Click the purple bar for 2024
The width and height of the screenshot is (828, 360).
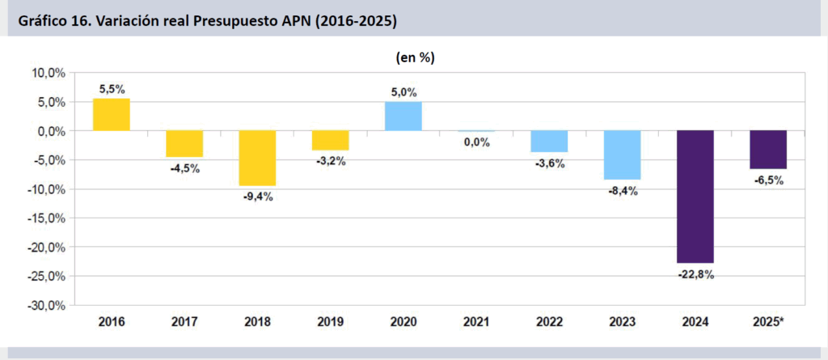[x=695, y=197]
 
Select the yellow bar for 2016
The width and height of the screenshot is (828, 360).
[x=112, y=115]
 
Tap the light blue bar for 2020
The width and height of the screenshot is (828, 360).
[x=403, y=116]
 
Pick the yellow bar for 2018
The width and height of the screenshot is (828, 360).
[x=257, y=158]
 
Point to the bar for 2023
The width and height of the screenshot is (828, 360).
[x=622, y=155]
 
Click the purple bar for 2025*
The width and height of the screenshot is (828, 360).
[x=767, y=150]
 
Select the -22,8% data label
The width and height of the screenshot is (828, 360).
[x=695, y=274]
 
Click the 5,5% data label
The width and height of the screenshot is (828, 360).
[x=112, y=89]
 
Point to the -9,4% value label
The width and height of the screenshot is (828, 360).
[x=258, y=197]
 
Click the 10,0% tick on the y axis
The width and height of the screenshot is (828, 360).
[x=49, y=73]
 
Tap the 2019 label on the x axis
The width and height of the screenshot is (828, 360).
[x=330, y=322]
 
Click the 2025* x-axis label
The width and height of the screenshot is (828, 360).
[x=768, y=322]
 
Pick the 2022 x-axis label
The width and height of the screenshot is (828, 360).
[x=549, y=322]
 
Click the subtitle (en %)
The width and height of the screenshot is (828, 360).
[x=415, y=57]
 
